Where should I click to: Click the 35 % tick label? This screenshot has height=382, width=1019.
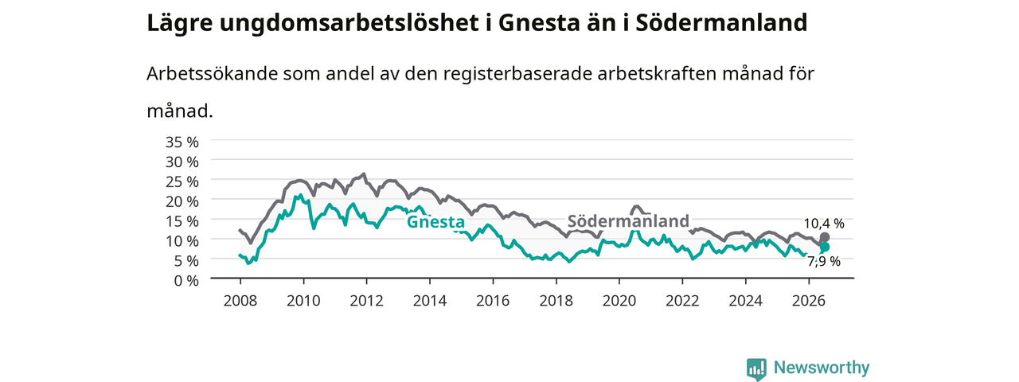point(182,142)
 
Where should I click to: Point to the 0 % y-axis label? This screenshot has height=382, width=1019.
point(186,281)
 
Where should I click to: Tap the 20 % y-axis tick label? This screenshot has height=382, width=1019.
point(182,201)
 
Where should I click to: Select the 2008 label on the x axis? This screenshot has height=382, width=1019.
point(240,301)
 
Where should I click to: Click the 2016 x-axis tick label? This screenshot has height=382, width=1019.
point(493,301)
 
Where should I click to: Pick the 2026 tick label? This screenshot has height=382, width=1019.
point(809,301)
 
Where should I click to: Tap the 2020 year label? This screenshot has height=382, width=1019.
point(619,301)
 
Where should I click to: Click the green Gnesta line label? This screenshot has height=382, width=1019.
point(435,222)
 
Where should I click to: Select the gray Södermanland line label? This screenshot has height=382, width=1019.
point(628,221)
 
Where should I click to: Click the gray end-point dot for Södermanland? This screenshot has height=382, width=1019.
point(824,237)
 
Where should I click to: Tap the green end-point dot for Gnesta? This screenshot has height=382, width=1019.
point(824,247)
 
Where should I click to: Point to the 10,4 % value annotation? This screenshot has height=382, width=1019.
point(824,224)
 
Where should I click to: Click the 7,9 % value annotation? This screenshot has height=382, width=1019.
point(824,262)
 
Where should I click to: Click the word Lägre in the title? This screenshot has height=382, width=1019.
point(180,24)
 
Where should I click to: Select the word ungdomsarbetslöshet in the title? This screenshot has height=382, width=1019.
point(349,24)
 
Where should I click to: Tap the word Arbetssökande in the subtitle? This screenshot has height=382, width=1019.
point(212,74)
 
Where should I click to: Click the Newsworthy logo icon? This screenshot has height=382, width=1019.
point(756,368)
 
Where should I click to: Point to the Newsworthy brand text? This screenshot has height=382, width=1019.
point(822,368)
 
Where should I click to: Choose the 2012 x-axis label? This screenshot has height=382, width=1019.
point(367,301)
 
